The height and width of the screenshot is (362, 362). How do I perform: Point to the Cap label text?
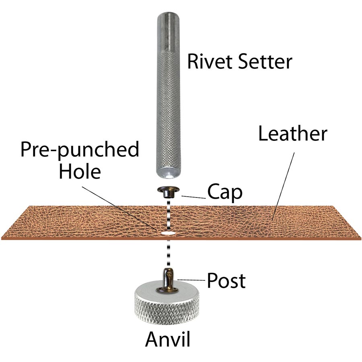click(225, 193)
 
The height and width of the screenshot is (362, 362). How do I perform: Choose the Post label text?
click(226, 281)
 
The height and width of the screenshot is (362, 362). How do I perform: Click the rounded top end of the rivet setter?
click(167, 18)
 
